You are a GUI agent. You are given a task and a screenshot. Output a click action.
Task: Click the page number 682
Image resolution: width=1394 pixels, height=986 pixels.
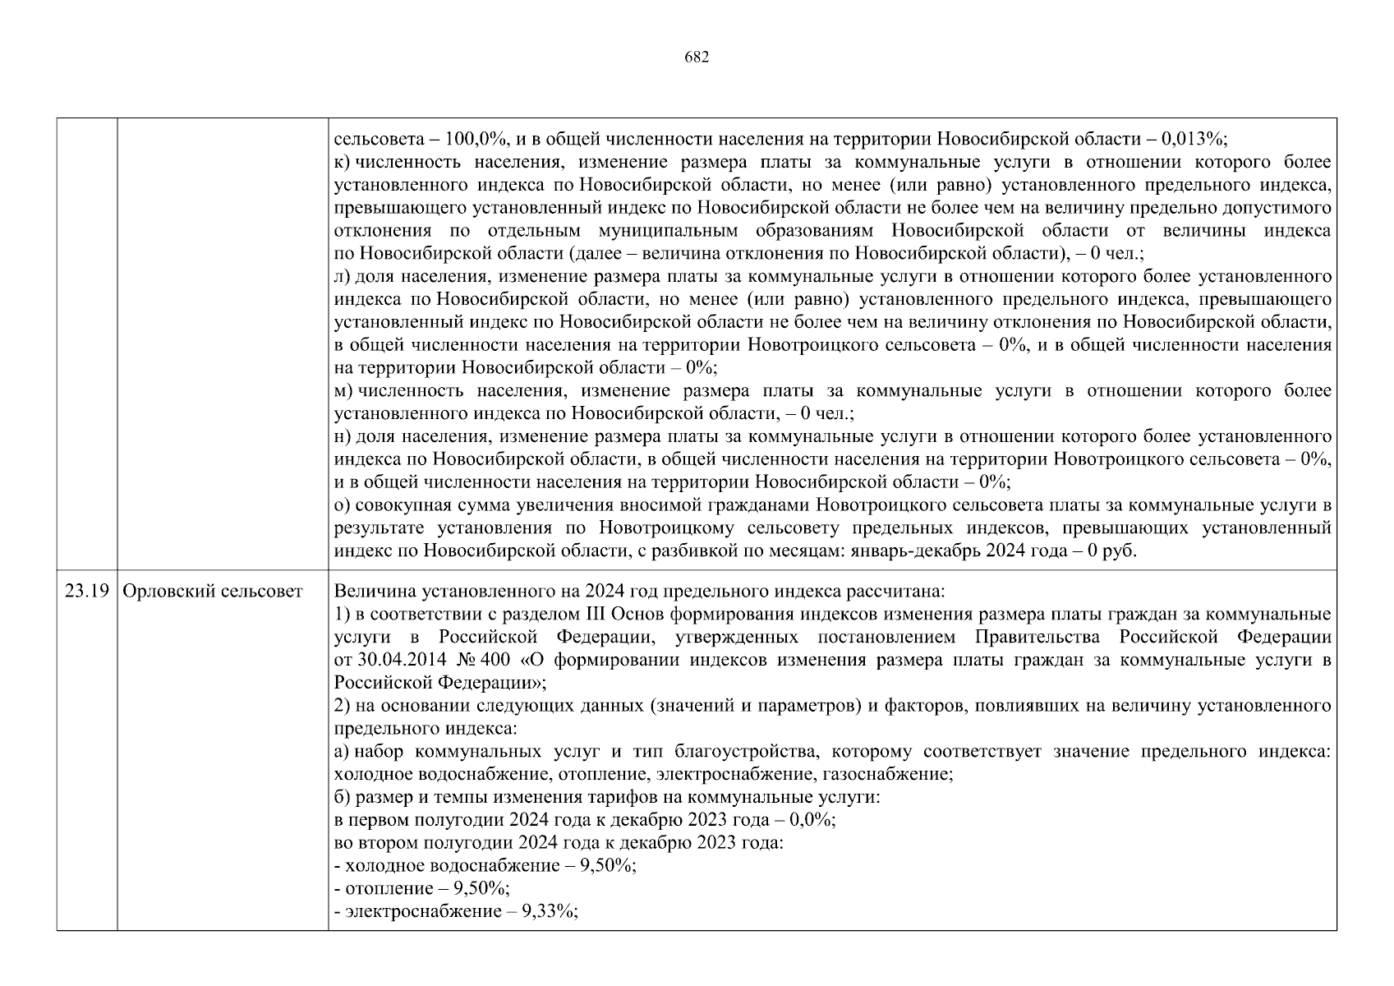click(696, 57)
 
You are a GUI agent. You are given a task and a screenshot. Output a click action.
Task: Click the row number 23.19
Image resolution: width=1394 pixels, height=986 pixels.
click(86, 592)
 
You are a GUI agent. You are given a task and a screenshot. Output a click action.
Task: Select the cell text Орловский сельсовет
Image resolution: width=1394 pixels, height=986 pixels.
click(212, 592)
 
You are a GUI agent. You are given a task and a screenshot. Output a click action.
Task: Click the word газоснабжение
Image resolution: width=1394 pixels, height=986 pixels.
click(897, 774)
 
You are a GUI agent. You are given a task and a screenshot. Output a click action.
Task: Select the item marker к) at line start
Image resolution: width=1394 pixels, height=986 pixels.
click(344, 162)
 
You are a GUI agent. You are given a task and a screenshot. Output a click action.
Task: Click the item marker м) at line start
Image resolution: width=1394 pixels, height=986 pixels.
click(344, 390)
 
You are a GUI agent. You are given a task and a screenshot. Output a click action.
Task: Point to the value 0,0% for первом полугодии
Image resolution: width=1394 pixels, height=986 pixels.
click(811, 820)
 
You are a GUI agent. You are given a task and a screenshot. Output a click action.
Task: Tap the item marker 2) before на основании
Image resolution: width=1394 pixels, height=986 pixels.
click(343, 706)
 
